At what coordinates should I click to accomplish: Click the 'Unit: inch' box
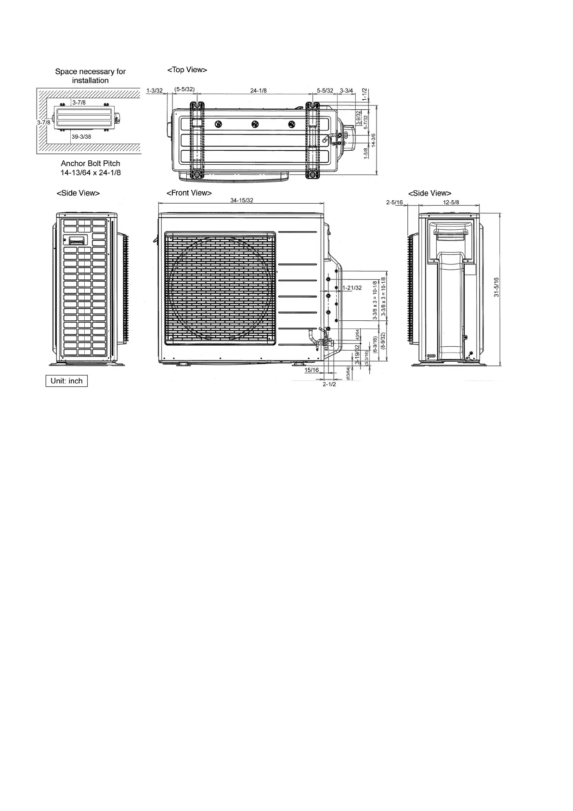[x=66, y=381]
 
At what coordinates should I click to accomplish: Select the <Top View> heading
[x=187, y=70]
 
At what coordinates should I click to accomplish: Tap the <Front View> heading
[x=189, y=193]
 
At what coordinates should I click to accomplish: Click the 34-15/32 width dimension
[x=242, y=200]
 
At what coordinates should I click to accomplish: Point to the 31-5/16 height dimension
[x=496, y=287]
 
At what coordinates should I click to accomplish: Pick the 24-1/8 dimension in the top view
[x=259, y=91]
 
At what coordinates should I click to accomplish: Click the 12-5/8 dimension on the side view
[x=451, y=202]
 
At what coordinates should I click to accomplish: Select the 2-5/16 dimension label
[x=394, y=202]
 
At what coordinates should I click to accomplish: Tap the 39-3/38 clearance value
[x=81, y=137]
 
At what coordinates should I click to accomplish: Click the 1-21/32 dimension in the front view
[x=352, y=288]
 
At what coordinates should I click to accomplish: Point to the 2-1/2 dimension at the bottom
[x=329, y=384]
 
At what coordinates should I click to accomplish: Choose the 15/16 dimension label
[x=312, y=370]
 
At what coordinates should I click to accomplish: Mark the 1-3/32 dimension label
[x=155, y=91]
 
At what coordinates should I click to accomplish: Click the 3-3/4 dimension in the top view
[x=346, y=91]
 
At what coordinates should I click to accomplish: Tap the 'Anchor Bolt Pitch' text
[x=91, y=164]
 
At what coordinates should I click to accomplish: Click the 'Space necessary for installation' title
[x=90, y=76]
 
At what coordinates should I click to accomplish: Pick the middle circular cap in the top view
[x=255, y=124]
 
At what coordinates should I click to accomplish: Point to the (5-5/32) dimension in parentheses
[x=184, y=89]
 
